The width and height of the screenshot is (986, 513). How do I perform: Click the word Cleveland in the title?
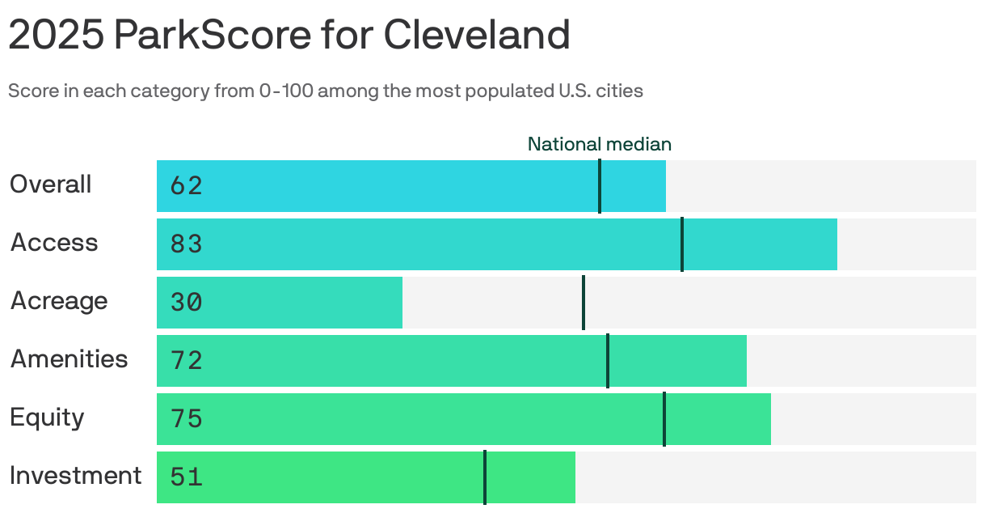(476, 35)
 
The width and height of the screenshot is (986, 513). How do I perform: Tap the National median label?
(599, 144)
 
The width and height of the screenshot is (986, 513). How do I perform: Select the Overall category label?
(50, 184)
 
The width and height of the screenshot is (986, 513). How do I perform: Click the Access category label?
(53, 243)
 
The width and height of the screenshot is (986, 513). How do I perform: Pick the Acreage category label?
(59, 301)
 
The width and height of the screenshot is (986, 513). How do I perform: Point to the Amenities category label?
(69, 359)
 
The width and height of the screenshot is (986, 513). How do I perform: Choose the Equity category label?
(47, 418)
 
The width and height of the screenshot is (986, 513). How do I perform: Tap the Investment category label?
(75, 476)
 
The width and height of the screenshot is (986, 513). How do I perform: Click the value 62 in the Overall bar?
(186, 186)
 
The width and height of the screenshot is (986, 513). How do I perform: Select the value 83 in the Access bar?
(186, 244)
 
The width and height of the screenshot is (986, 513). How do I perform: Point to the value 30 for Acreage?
(186, 303)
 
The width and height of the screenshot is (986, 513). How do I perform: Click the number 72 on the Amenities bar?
(186, 361)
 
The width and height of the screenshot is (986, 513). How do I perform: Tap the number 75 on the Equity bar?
(186, 419)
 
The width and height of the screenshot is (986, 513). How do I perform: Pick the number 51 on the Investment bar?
(186, 477)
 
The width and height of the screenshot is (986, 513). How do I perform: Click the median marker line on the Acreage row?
(583, 303)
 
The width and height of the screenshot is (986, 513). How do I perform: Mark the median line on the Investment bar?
(485, 477)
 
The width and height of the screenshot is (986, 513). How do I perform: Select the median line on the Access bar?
(682, 244)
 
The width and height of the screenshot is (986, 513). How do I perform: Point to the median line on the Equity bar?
(664, 419)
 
